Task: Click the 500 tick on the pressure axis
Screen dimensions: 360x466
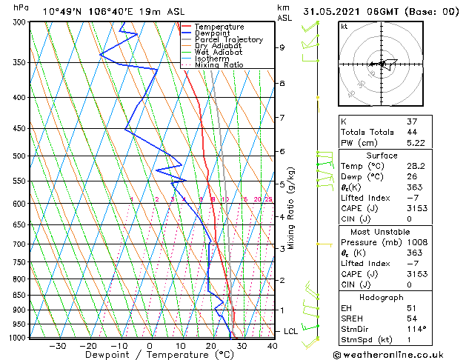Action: [17, 156]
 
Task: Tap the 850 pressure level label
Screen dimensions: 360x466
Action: [17, 295]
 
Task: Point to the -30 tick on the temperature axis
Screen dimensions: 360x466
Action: [58, 345]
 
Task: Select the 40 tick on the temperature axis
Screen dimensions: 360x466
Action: [272, 345]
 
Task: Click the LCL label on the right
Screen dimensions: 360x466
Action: [290, 331]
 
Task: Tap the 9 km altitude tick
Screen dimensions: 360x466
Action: [282, 47]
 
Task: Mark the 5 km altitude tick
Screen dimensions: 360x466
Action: [282, 184]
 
